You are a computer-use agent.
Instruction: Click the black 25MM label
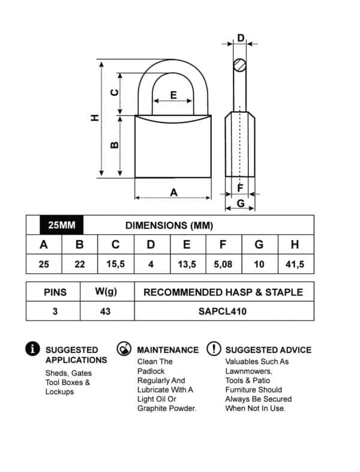61,225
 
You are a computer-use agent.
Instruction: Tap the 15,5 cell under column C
115,264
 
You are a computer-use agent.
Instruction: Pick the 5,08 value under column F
223,264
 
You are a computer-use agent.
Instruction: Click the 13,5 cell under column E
187,264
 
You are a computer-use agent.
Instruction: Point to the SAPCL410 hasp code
223,312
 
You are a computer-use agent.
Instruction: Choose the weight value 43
106,312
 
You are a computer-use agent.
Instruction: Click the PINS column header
55,292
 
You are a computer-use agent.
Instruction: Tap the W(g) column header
106,292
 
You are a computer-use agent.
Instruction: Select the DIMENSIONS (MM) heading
169,226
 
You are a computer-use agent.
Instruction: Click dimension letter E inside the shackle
173,94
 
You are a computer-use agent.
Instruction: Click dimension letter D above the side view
241,38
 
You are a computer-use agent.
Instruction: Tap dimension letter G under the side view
240,203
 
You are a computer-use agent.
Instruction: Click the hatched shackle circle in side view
240,64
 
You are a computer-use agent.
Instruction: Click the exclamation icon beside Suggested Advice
213,349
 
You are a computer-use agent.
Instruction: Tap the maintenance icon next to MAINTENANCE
124,349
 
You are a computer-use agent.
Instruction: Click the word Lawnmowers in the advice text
247,371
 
